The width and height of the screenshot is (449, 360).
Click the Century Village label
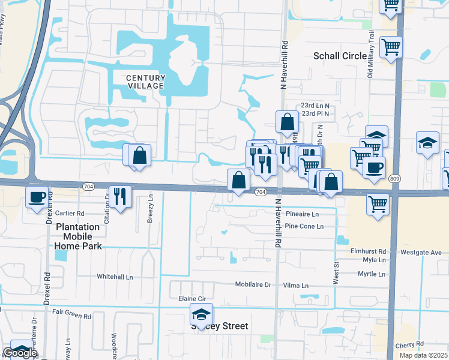point(145,82)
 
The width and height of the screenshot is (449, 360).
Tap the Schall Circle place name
point(340,56)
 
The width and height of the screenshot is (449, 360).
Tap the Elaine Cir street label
point(192,298)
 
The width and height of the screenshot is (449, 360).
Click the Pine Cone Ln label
point(304,226)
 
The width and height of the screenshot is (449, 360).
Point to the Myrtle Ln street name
point(372,274)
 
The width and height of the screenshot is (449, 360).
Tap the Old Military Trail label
point(370,55)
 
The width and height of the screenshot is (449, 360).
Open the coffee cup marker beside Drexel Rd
point(37,196)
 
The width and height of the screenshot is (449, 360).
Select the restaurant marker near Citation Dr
point(119,195)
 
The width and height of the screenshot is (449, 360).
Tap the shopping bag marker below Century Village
point(139,156)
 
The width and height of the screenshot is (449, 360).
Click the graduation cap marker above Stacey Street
point(201,314)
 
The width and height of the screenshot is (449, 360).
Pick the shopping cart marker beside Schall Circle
point(391,46)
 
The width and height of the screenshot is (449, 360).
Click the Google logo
point(20,353)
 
